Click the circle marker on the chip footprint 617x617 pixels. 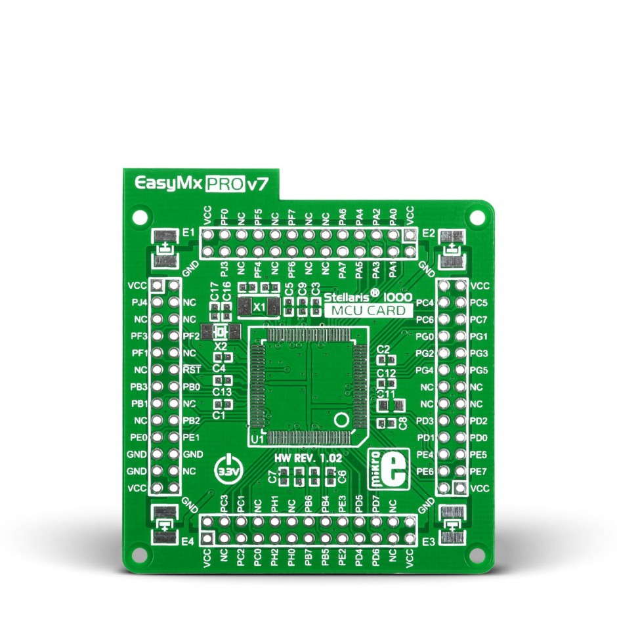click(x=341, y=419)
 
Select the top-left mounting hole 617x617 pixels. click(x=139, y=215)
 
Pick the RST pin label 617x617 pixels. click(x=192, y=370)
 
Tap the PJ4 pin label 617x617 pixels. click(x=139, y=303)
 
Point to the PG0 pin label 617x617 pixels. click(x=426, y=337)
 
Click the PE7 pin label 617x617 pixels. click(x=479, y=471)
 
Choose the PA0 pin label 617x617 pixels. click(x=393, y=215)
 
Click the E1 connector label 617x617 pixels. click(x=189, y=232)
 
